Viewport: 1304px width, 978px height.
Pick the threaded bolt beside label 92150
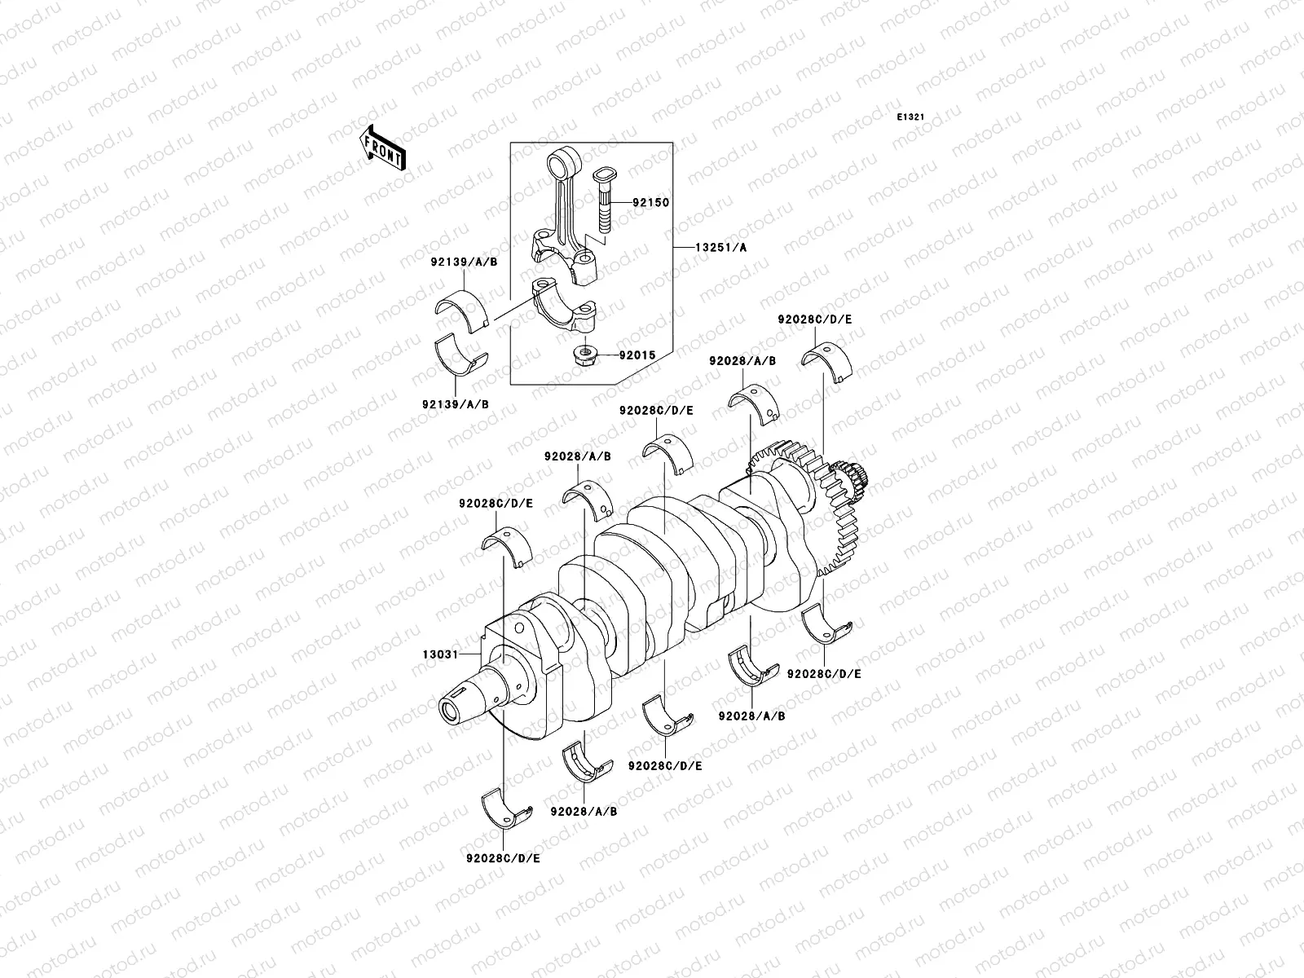(x=606, y=214)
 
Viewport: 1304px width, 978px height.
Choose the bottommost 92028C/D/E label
(x=503, y=858)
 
